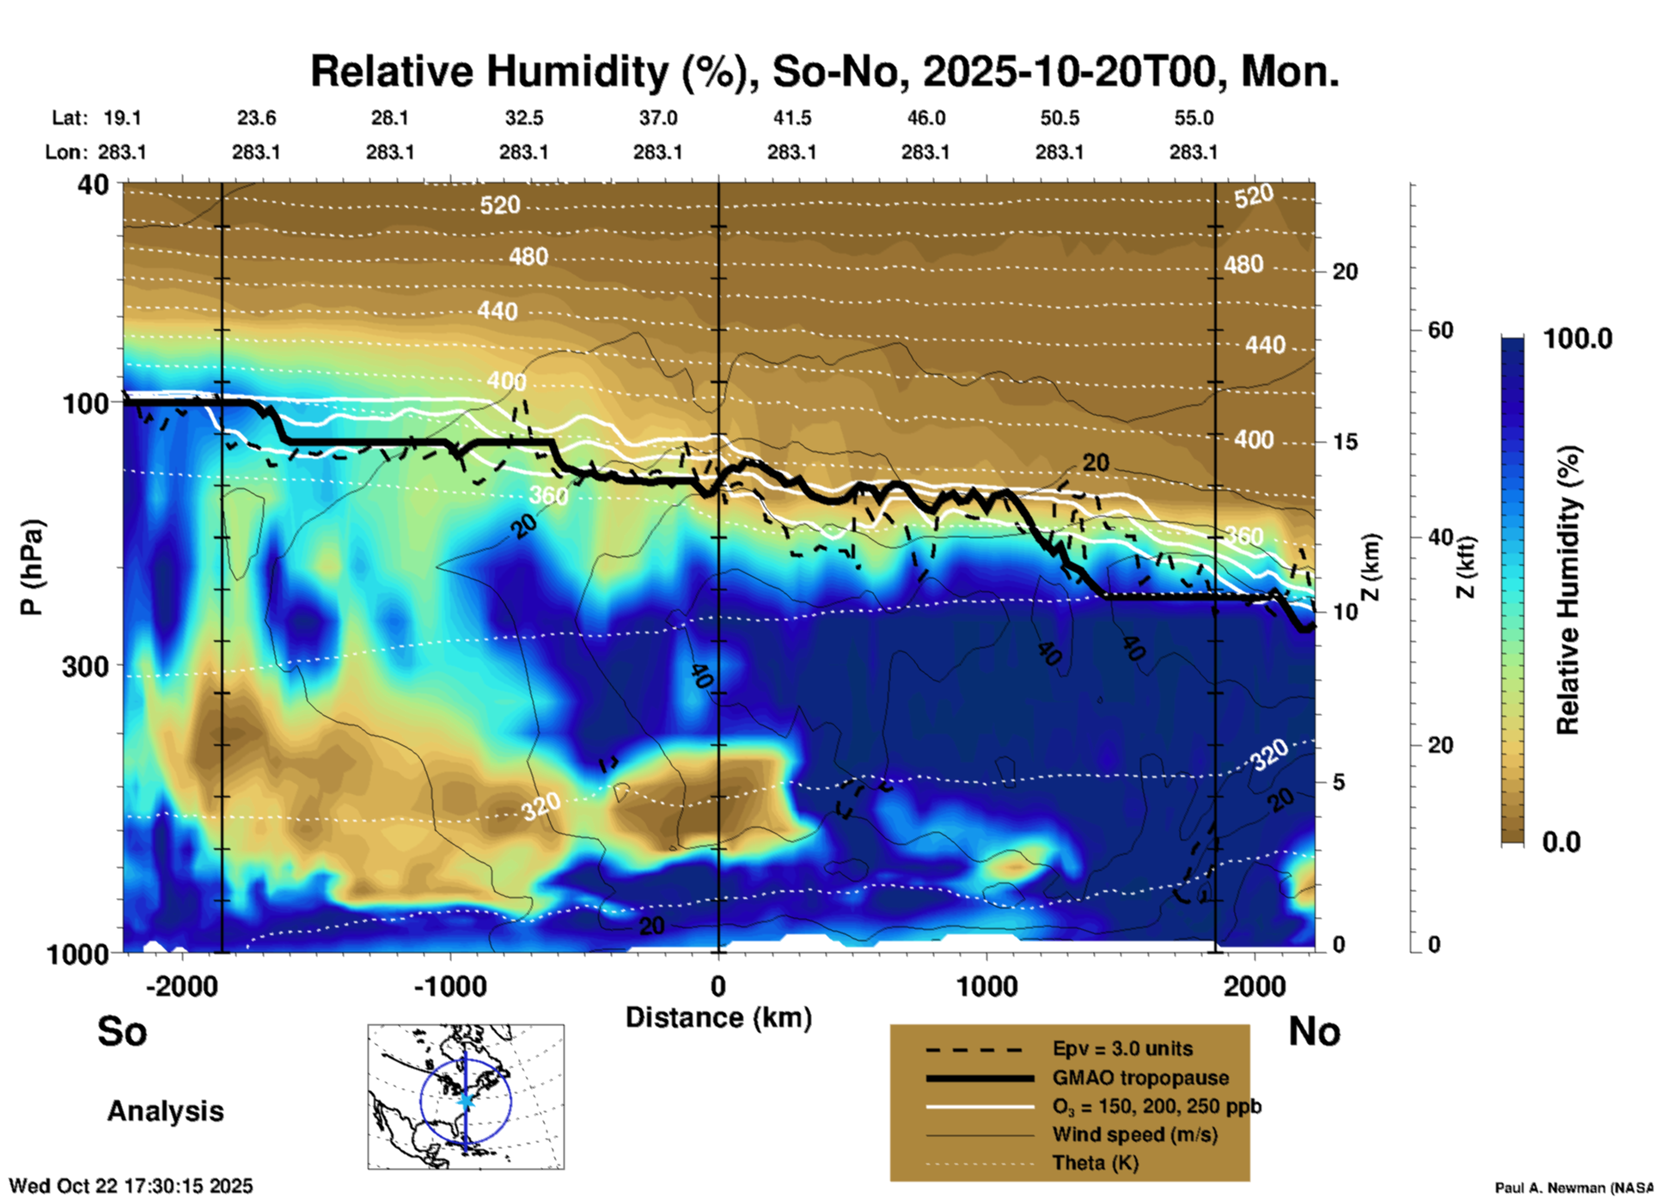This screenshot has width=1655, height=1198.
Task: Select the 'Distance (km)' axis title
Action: [x=718, y=1018]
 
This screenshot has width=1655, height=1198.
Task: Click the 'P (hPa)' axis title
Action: [x=32, y=567]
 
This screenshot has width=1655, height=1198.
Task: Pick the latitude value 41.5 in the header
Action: [x=791, y=118]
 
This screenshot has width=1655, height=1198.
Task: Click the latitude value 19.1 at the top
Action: [x=122, y=118]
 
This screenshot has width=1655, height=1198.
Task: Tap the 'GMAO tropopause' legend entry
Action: [x=1140, y=1078]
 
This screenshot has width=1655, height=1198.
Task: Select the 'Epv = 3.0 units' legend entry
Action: [x=1122, y=1049]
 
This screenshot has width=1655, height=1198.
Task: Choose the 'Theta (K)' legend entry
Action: [x=1095, y=1163]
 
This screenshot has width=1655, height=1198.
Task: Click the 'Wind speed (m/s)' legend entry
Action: [x=1134, y=1134]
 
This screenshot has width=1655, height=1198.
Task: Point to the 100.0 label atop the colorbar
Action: [x=1578, y=339]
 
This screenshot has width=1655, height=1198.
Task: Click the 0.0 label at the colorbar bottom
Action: [x=1561, y=841]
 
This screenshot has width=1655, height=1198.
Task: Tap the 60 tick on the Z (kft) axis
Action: [x=1440, y=330]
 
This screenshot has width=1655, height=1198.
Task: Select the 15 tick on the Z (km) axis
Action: [x=1345, y=442]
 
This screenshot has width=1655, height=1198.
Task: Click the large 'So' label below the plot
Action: [x=122, y=1031]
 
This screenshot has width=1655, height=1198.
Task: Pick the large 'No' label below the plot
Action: [x=1314, y=1031]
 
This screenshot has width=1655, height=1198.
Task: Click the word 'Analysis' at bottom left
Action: [x=165, y=1111]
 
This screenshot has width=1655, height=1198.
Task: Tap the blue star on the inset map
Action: [x=466, y=1099]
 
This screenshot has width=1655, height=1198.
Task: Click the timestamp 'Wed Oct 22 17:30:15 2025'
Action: [x=131, y=1186]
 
